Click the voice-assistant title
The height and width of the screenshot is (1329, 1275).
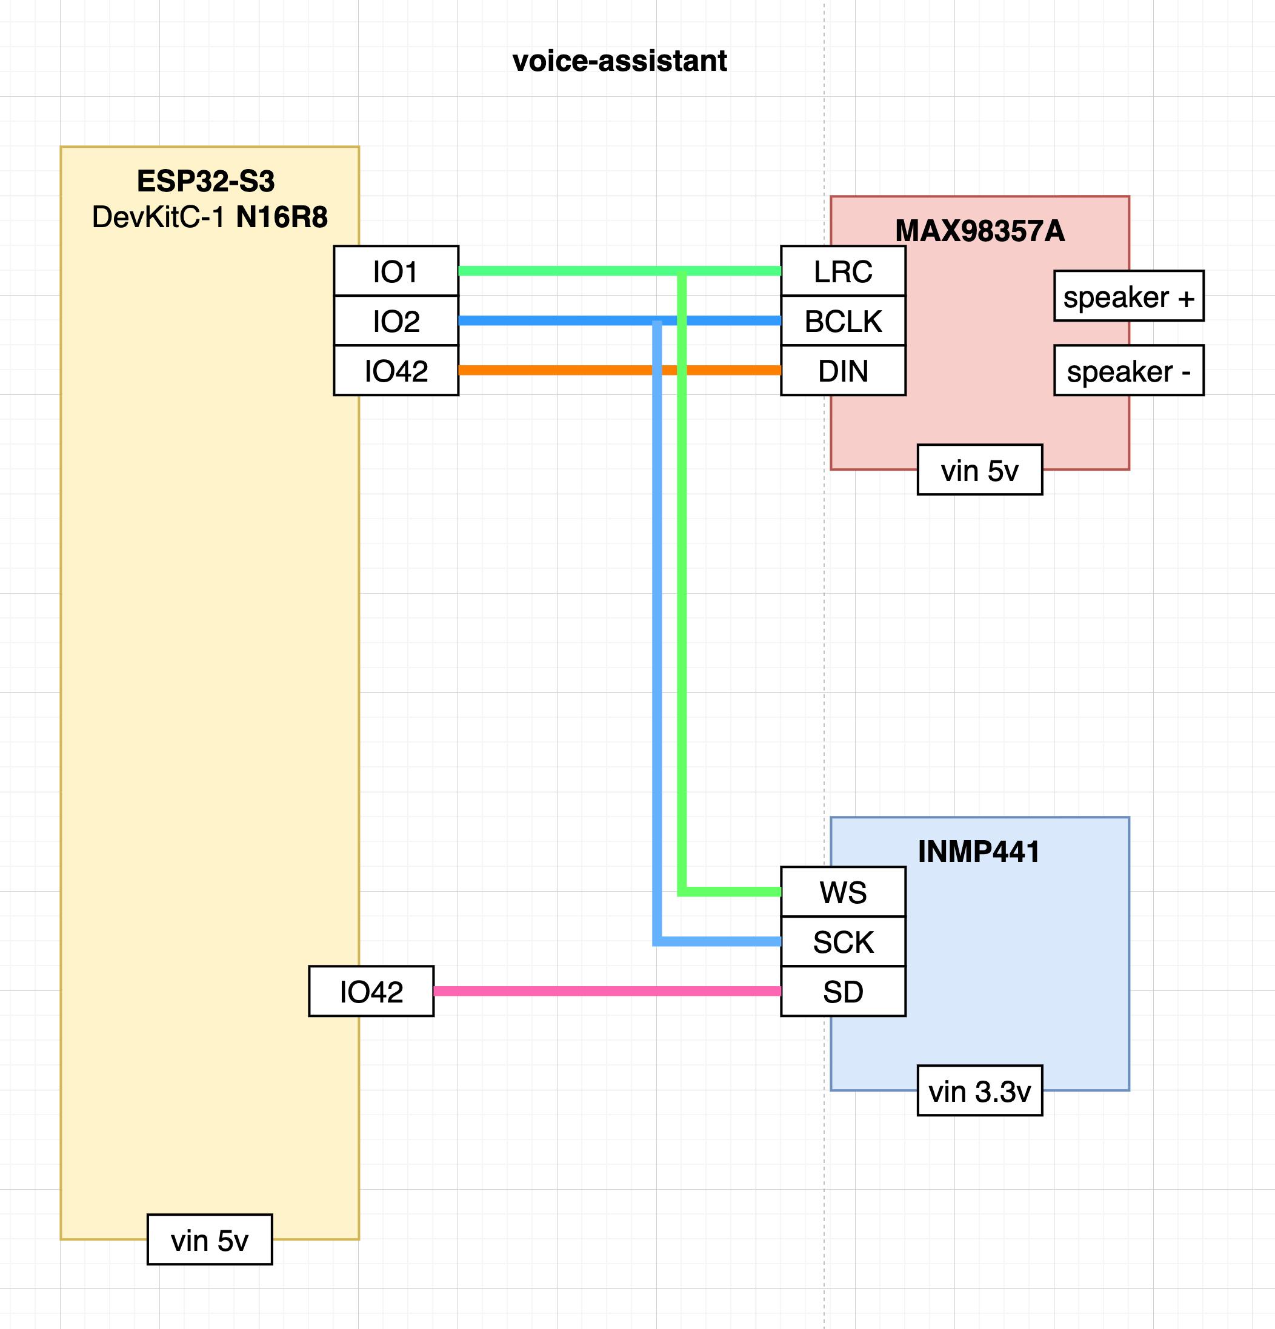coord(619,61)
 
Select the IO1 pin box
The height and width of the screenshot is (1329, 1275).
coord(396,271)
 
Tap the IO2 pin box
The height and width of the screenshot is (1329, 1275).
coord(396,320)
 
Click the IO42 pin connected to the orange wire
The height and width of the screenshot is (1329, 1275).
coord(396,371)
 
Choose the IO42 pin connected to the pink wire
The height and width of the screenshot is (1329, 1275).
coord(371,992)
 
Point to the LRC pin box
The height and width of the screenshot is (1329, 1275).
coord(843,271)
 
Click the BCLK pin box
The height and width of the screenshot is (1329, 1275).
coord(843,320)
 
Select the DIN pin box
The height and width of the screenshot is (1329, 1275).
coord(843,371)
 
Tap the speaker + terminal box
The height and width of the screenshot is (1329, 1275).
coord(1128,296)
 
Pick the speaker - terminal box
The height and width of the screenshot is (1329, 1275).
coord(1128,371)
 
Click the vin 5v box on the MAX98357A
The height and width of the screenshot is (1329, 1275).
coord(979,470)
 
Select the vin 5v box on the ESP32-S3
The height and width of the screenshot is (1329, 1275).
coord(210,1240)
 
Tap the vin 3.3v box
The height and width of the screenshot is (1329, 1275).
coord(979,1091)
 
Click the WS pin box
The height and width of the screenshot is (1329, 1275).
coord(843,892)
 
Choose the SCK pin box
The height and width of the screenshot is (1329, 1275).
coord(843,942)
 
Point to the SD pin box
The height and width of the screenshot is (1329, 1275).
coord(843,992)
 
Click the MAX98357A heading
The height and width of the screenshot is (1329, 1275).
coord(979,231)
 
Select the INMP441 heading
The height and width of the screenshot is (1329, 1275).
coord(979,852)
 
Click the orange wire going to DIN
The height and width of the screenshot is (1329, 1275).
coord(556,370)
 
